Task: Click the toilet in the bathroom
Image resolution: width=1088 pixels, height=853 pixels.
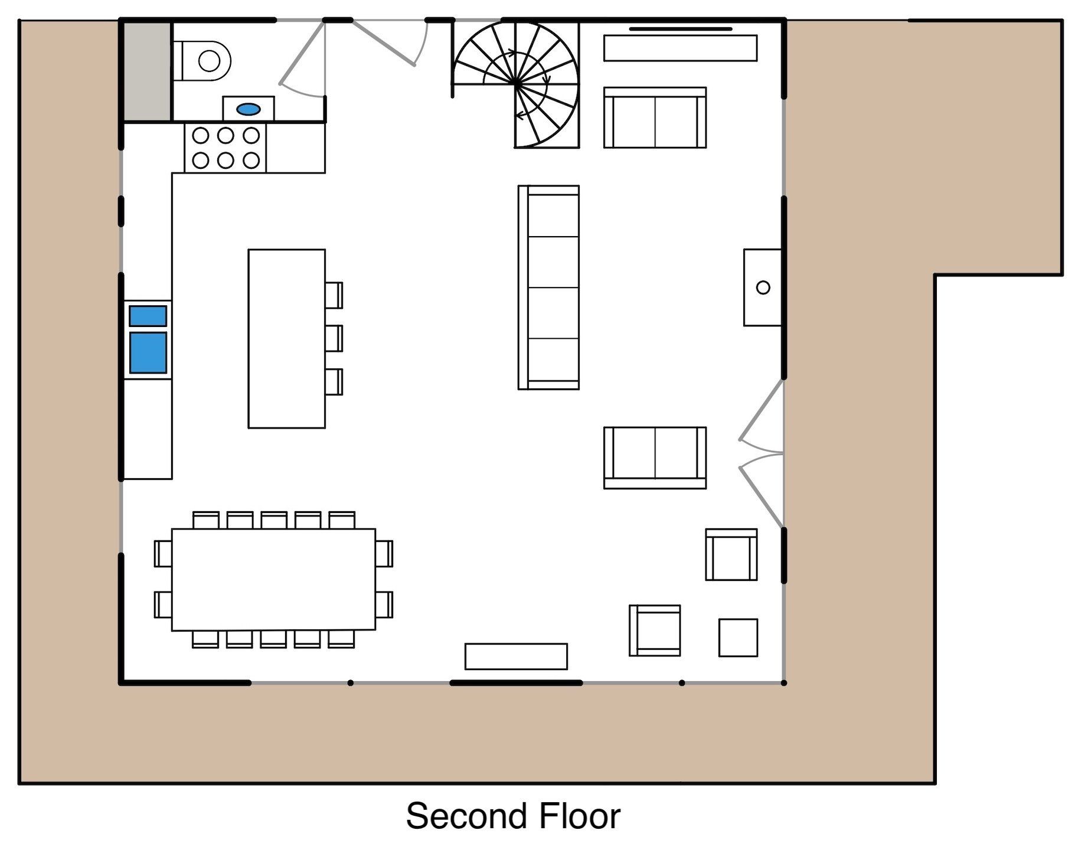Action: [201, 60]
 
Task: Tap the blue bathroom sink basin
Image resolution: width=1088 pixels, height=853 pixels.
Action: [249, 109]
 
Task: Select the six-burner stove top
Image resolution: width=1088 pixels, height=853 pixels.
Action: [226, 148]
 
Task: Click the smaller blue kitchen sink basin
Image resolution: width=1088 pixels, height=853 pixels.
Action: [148, 316]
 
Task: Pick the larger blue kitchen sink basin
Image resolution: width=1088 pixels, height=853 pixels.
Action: [148, 352]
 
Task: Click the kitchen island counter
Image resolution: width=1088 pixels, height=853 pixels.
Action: [287, 338]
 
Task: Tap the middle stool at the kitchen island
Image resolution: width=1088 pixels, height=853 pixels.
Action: [334, 338]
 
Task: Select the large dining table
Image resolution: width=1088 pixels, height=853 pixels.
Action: [274, 580]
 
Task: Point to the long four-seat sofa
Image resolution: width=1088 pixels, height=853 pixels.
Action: [548, 287]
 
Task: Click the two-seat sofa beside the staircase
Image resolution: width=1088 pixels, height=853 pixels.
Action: [655, 117]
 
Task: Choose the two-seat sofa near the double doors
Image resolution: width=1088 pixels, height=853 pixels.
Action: [655, 458]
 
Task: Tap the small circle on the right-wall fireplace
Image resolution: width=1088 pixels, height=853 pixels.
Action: [763, 287]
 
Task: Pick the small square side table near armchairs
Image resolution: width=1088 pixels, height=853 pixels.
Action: [738, 638]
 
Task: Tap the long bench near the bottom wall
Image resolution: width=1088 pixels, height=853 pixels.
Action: [516, 656]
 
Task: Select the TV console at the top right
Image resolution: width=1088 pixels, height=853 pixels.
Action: [680, 48]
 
